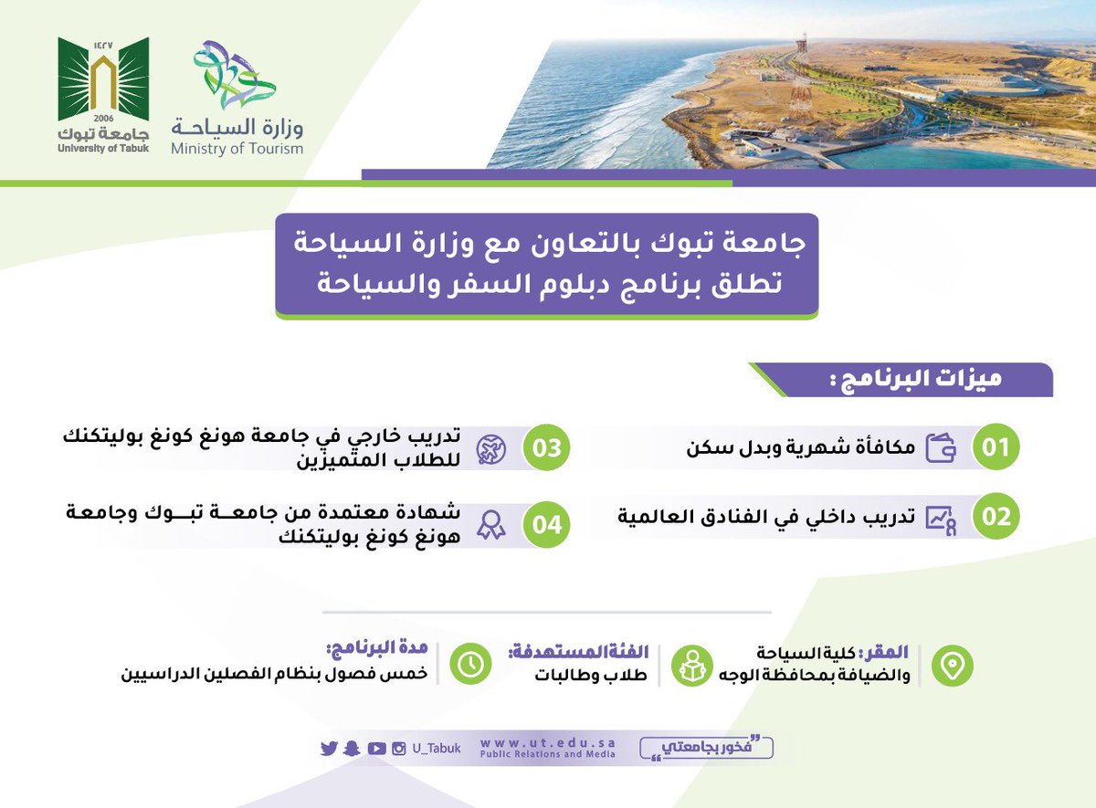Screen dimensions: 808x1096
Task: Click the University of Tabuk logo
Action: (103, 91)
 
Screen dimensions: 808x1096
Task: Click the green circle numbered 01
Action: (995, 447)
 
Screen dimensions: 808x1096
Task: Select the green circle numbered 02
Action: (995, 517)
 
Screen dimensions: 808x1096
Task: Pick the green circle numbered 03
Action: (545, 447)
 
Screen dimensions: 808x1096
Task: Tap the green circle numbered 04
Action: (545, 525)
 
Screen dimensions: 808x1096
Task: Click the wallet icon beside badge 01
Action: (941, 448)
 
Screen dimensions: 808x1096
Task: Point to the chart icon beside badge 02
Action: (941, 518)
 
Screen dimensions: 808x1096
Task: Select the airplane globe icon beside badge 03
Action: (492, 448)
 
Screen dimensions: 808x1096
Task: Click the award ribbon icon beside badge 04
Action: (491, 526)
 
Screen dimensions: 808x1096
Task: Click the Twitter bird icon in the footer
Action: (329, 749)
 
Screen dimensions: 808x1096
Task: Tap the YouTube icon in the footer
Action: (376, 749)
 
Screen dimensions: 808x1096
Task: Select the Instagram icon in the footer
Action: (399, 749)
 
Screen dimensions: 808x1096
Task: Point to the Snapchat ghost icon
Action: (353, 749)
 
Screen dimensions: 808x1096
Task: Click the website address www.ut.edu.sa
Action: (547, 743)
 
